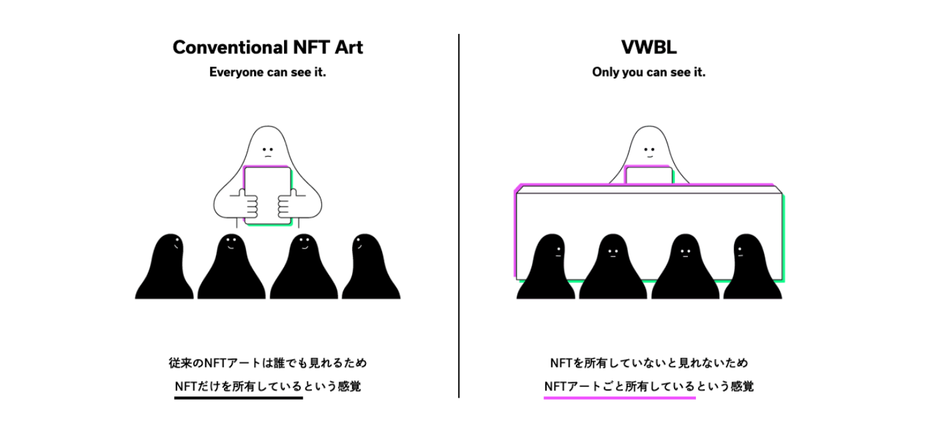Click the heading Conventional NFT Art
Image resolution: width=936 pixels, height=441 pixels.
tap(267, 48)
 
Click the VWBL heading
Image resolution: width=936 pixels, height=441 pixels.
tap(648, 48)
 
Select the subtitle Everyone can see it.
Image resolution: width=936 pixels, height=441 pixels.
tap(267, 73)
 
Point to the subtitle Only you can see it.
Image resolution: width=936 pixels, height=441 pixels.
tap(648, 73)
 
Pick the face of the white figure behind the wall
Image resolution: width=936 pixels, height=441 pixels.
tap(648, 151)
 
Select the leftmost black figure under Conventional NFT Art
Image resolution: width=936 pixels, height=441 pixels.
tap(165, 270)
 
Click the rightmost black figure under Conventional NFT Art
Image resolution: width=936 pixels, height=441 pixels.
tap(370, 270)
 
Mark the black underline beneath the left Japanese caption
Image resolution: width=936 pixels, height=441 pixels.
tap(238, 398)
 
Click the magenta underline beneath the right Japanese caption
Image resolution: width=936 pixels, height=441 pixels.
tap(619, 398)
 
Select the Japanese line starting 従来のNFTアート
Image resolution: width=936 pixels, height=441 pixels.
tap(267, 364)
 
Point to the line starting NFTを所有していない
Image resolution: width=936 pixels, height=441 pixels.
tap(648, 364)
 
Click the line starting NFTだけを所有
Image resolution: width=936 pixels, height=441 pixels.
tap(267, 386)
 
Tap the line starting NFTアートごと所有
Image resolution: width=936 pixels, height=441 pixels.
tap(648, 386)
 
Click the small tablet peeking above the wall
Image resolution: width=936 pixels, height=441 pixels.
tap(648, 175)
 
